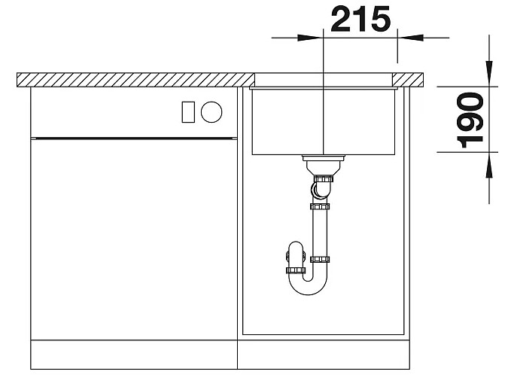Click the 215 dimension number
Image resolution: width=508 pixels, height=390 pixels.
click(x=360, y=20)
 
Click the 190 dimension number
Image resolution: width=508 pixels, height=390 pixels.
click(x=470, y=120)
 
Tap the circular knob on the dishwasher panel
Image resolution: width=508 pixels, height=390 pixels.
click(x=211, y=112)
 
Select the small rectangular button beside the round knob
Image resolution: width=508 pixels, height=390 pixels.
click(x=188, y=112)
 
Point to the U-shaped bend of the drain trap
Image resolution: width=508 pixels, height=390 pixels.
click(x=309, y=285)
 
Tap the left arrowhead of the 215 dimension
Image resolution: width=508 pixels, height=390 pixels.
click(x=310, y=38)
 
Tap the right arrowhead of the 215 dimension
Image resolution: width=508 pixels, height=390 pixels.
click(x=410, y=38)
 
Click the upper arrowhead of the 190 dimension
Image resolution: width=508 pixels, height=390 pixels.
click(x=489, y=74)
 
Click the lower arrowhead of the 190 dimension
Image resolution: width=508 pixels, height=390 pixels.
click(x=489, y=165)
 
